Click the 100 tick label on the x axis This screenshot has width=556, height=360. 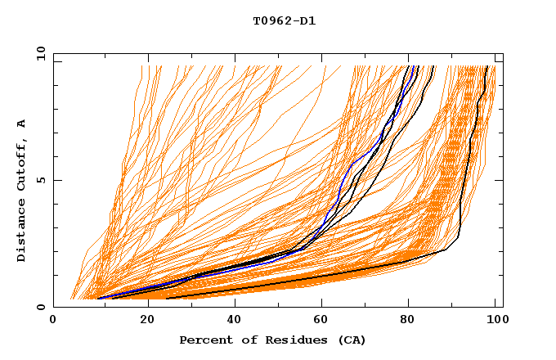(x=495, y=322)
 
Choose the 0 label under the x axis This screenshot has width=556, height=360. (x=54, y=322)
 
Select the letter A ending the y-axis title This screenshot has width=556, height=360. (x=21, y=123)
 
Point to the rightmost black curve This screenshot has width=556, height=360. (x=464, y=180)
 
